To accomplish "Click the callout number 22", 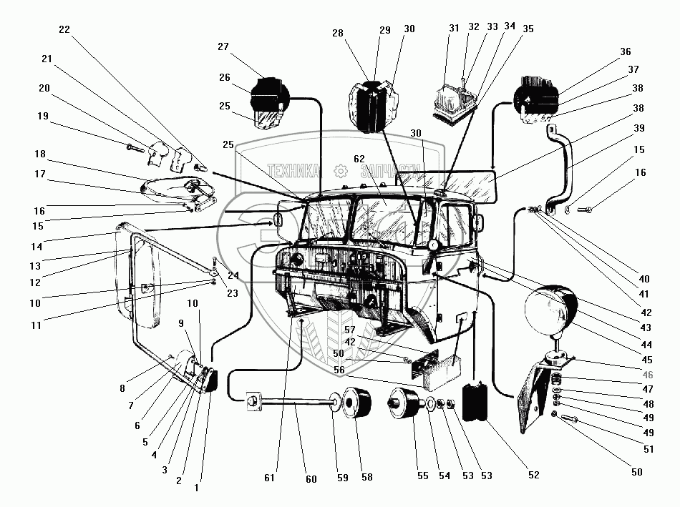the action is pyautogui.click(x=64, y=29).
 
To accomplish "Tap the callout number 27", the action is pyautogui.click(x=223, y=46).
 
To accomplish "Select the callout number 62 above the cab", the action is pyautogui.click(x=359, y=159).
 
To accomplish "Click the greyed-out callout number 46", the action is pyautogui.click(x=648, y=375).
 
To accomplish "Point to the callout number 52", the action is pyautogui.click(x=534, y=475).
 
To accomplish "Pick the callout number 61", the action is pyautogui.click(x=269, y=478).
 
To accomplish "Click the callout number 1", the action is pyautogui.click(x=196, y=488).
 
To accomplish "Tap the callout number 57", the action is pyautogui.click(x=350, y=330).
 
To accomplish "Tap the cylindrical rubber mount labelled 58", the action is pyautogui.click(x=357, y=403).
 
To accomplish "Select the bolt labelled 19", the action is pyautogui.click(x=136, y=149).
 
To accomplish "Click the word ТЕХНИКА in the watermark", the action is pyautogui.click(x=293, y=171).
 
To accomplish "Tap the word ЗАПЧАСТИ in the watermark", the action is pyautogui.click(x=390, y=172).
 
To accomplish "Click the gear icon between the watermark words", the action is pyautogui.click(x=341, y=172).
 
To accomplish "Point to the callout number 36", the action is pyautogui.click(x=626, y=52).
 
